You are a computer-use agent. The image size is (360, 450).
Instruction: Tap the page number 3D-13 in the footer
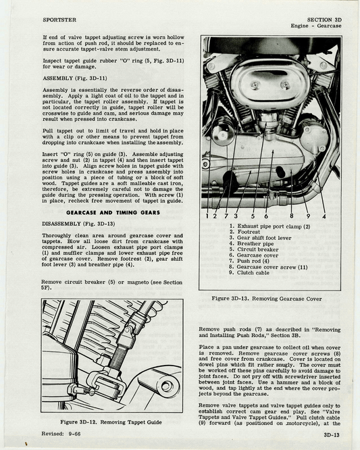(330, 436)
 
